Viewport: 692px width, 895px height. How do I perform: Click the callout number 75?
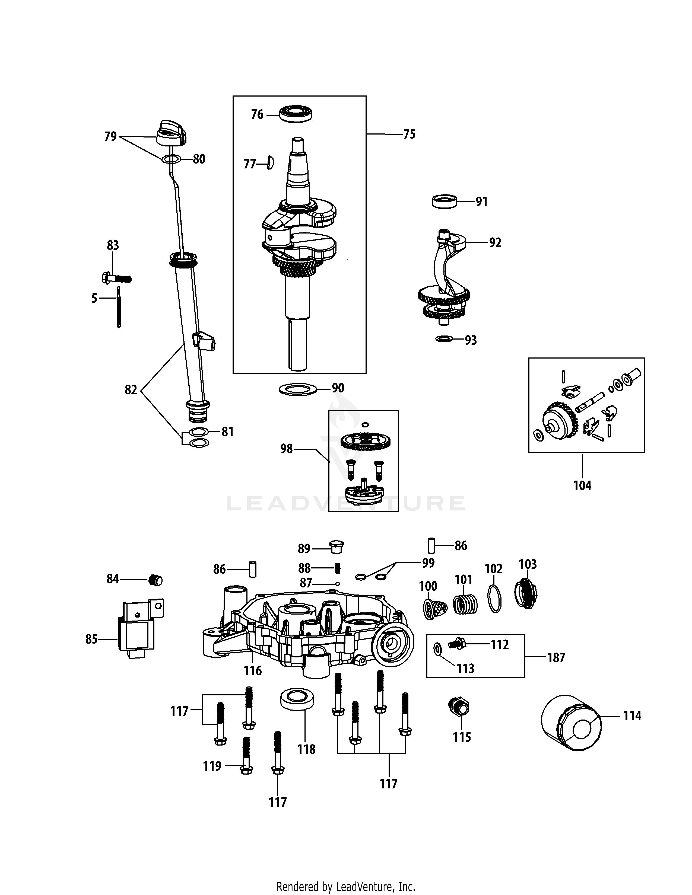409,135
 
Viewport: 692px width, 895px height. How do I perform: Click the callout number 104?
582,486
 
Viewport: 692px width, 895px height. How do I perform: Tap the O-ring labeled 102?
495,599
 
